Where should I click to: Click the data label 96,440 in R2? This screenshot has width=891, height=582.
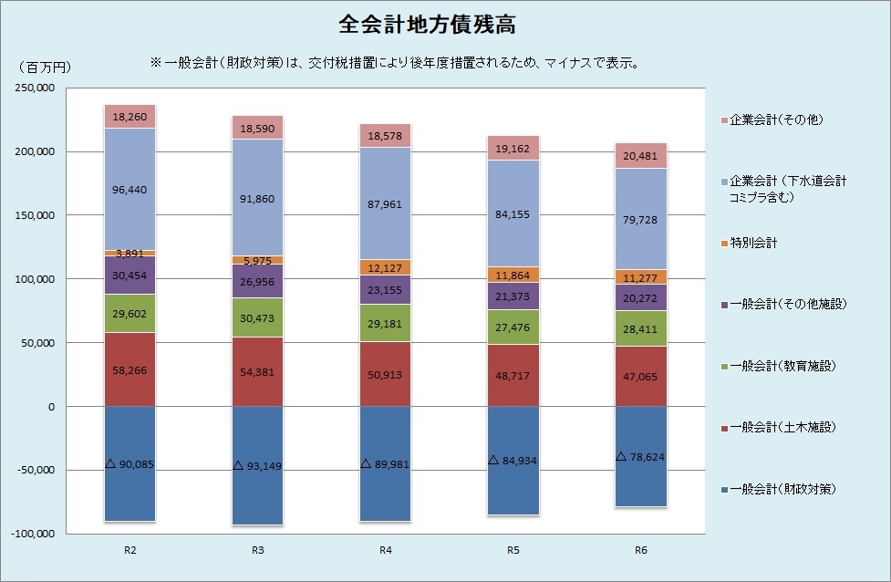130,191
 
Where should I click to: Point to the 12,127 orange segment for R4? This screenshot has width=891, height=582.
385,267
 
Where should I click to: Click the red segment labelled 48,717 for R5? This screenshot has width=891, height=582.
513,376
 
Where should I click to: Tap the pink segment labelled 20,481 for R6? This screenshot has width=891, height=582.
640,155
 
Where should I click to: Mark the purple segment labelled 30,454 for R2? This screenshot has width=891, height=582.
130,275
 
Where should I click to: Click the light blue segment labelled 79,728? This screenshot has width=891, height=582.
640,219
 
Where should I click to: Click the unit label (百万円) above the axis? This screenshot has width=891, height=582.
44,68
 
